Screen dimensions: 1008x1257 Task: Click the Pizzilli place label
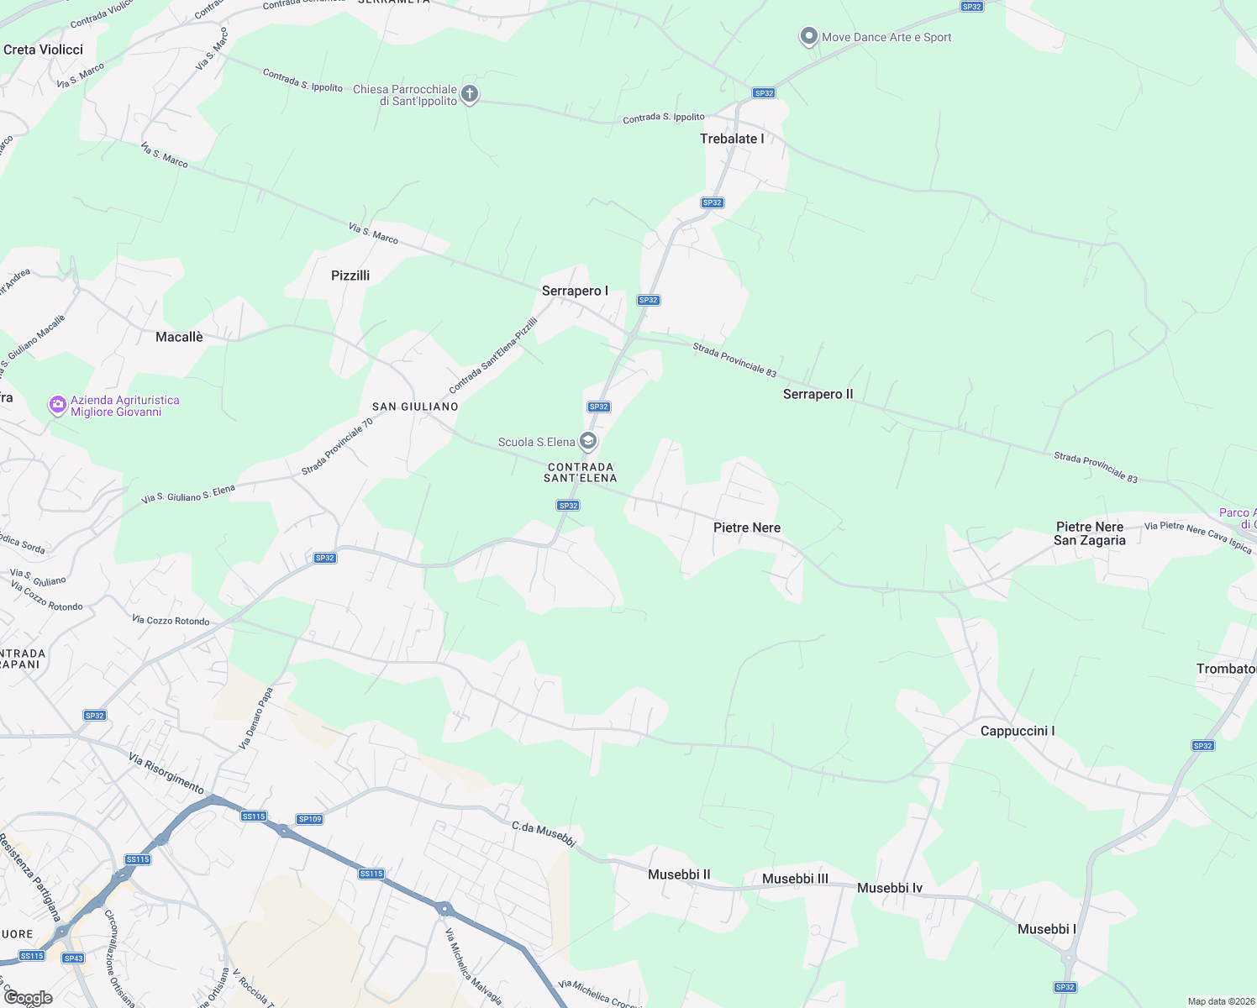[x=350, y=276]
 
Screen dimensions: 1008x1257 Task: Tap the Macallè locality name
[x=179, y=337]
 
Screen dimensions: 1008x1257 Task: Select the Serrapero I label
[x=575, y=291]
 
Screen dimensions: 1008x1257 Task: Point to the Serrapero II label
[x=818, y=394]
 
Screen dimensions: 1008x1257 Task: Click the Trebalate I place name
[x=732, y=139]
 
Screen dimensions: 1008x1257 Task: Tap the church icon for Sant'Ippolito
[x=470, y=94]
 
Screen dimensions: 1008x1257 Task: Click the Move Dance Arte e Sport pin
[x=808, y=36]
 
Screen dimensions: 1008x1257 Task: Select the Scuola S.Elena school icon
[x=588, y=441]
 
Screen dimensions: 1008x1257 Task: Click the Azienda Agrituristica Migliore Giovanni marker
[x=57, y=405]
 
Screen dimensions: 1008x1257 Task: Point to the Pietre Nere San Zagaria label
[x=1089, y=533]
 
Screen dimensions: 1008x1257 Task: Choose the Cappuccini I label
[x=1017, y=731]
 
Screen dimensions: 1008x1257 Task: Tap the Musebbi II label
[x=679, y=874]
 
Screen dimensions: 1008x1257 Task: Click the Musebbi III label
[x=795, y=879]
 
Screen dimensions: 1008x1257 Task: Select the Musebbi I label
[x=1046, y=929]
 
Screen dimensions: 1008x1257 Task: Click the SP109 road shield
[x=310, y=819]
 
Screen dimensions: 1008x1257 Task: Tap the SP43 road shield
[x=73, y=958]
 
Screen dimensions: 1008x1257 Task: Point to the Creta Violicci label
[x=43, y=50]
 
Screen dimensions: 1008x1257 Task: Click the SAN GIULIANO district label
[x=415, y=407]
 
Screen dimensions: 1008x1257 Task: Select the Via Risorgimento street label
[x=166, y=774]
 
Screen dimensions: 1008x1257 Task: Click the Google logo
[x=28, y=998]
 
